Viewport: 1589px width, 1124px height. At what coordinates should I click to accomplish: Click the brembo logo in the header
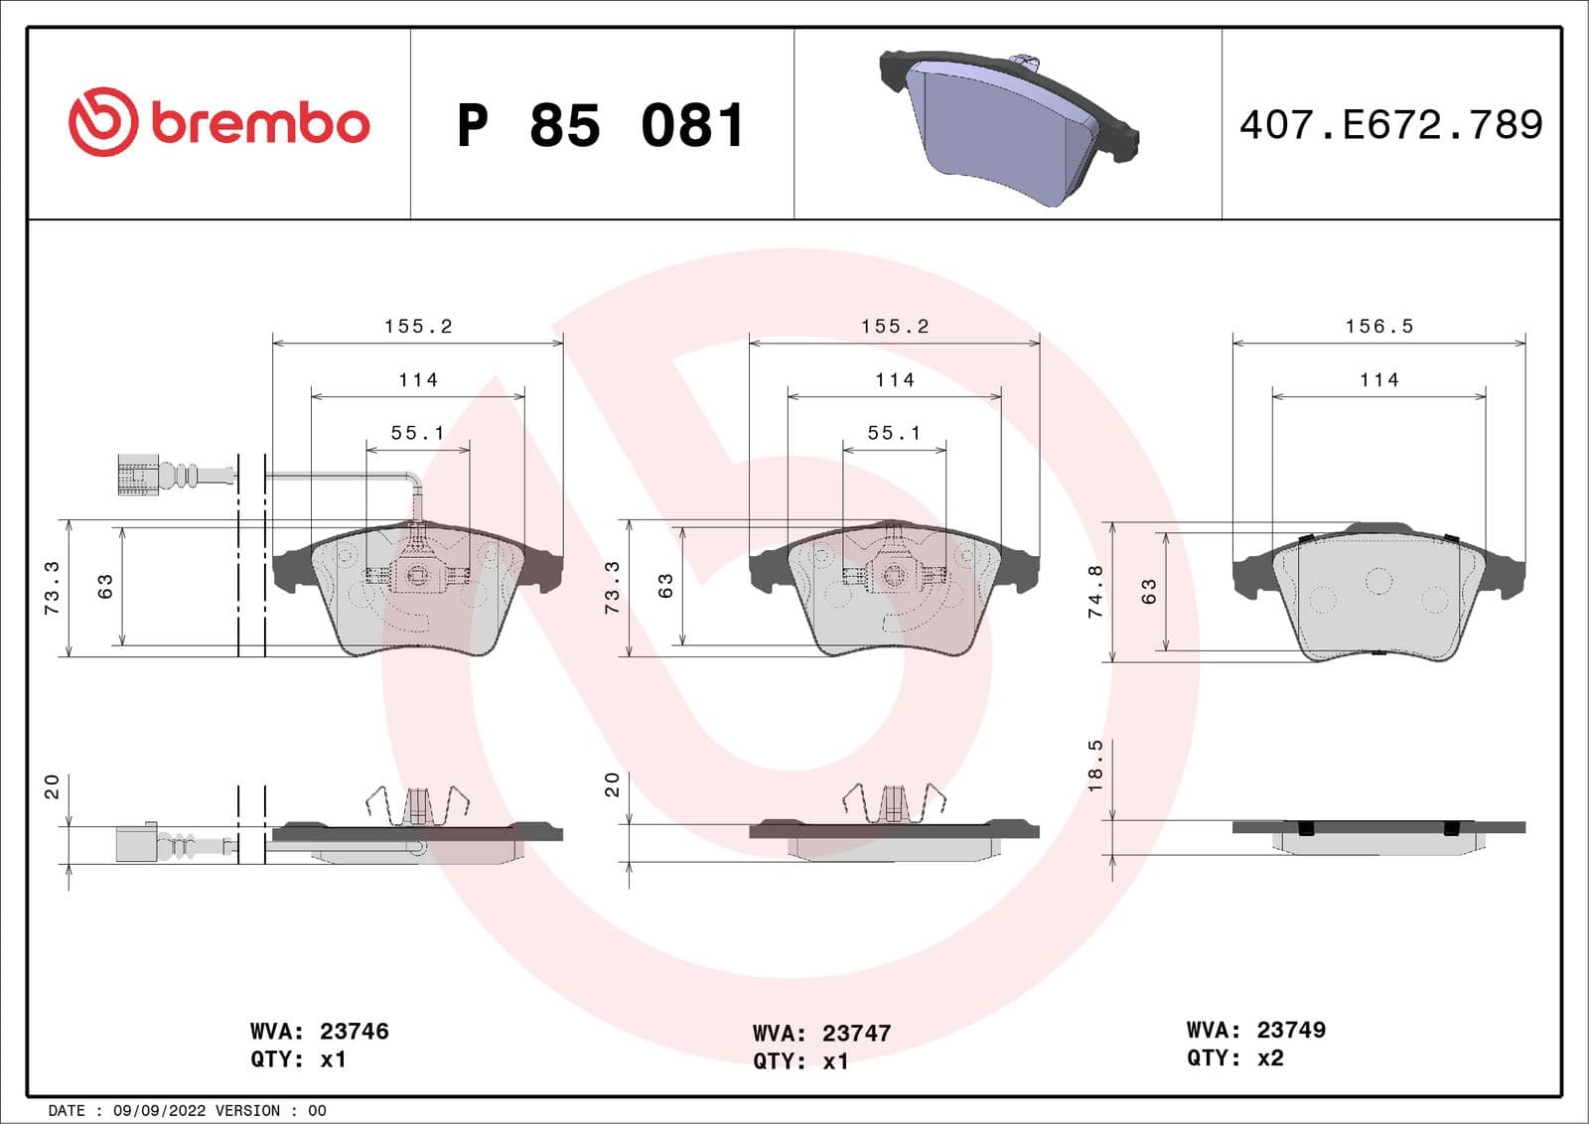[x=218, y=122]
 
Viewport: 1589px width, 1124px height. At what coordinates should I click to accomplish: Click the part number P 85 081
[x=600, y=126]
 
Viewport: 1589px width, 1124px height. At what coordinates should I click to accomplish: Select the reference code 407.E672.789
[x=1390, y=125]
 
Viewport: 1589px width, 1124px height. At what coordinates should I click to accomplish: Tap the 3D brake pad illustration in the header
[x=1008, y=124]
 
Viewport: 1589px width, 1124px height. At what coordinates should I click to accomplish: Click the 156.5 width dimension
[x=1378, y=327]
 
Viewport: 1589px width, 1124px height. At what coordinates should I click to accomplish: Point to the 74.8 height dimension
[x=1095, y=592]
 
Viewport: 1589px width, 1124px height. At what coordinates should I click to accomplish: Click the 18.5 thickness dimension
[x=1095, y=766]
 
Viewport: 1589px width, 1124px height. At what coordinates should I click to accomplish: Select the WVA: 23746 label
[x=319, y=1031]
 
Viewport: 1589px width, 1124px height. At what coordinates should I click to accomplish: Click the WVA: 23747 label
[x=820, y=1033]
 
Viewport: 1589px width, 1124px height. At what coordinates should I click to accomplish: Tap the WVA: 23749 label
[x=1255, y=1030]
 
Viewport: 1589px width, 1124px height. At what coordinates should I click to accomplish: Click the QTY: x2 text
[x=1234, y=1058]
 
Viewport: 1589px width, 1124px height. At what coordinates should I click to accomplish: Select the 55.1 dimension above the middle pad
[x=894, y=433]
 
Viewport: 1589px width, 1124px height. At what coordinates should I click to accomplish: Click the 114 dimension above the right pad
[x=1378, y=380]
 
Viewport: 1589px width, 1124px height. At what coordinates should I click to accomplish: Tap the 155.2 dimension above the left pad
[x=418, y=327]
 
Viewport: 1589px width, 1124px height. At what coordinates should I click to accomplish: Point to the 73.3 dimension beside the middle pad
[x=613, y=587]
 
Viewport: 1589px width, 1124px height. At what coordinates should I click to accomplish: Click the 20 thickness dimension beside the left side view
[x=53, y=786]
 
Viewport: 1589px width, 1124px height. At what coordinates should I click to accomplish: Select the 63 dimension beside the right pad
[x=1149, y=592]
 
